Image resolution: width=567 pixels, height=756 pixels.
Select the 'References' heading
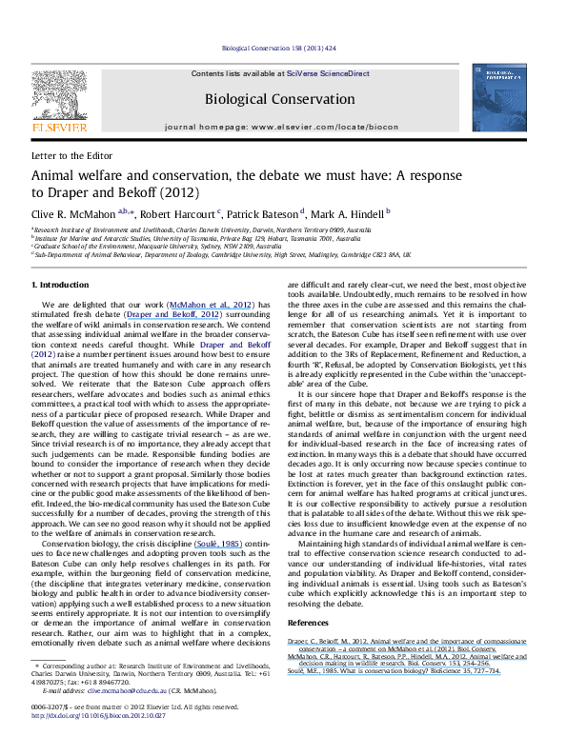(321, 620)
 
